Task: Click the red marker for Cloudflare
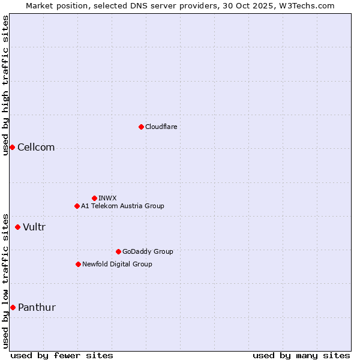click(141, 127)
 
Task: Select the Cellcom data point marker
click(12, 147)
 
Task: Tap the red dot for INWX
click(94, 198)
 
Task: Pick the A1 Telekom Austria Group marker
click(77, 206)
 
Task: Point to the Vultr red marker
click(17, 227)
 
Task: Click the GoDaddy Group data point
click(118, 251)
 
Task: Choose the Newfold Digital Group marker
click(78, 264)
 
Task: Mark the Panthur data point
click(13, 307)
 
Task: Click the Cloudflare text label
click(161, 127)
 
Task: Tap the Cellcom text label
click(36, 148)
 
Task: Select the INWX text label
click(107, 198)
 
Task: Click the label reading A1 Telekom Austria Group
click(122, 206)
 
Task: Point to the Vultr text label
click(34, 227)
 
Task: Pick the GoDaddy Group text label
click(148, 251)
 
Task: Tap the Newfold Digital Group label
click(117, 264)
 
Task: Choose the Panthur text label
click(37, 308)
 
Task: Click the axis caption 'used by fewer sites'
click(62, 355)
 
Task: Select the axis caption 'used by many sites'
click(301, 355)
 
